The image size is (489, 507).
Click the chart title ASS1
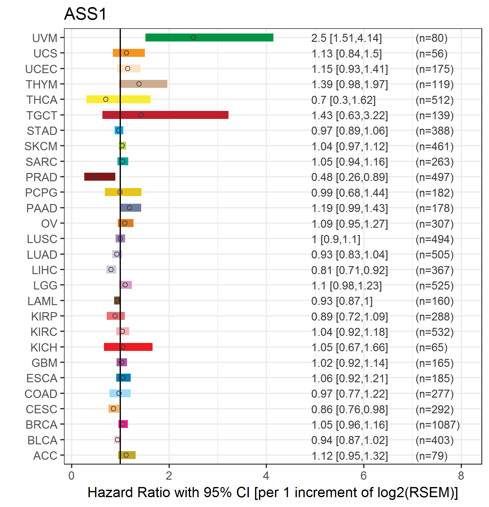[85, 14]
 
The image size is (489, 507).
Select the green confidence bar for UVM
[209, 37]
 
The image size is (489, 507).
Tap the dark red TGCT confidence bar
[165, 115]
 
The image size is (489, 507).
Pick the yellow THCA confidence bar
[118, 99]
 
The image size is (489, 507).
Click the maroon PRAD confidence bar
[100, 177]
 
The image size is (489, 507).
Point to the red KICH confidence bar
[128, 347]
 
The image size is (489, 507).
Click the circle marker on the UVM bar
[193, 37]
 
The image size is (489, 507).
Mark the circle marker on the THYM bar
[139, 84]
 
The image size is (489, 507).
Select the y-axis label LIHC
[45, 270]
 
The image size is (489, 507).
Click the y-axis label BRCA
[42, 425]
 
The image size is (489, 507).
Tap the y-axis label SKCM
[41, 146]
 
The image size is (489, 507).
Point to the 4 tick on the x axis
[266, 476]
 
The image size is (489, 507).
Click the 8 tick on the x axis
[461, 476]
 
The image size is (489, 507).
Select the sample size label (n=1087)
[437, 425]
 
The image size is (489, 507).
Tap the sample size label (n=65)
[431, 348]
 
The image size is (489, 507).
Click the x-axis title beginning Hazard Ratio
[272, 493]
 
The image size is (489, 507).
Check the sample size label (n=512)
[434, 100]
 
